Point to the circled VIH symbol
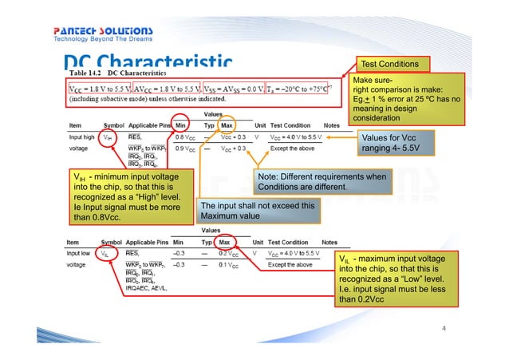pyautogui.click(x=107, y=137)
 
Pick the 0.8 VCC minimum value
pyautogui.click(x=186, y=137)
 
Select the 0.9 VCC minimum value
pyautogui.click(x=186, y=148)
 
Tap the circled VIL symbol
pyautogui.click(x=104, y=253)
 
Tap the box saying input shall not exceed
pyautogui.click(x=258, y=211)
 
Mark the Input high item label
pyautogui.click(x=79, y=137)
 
